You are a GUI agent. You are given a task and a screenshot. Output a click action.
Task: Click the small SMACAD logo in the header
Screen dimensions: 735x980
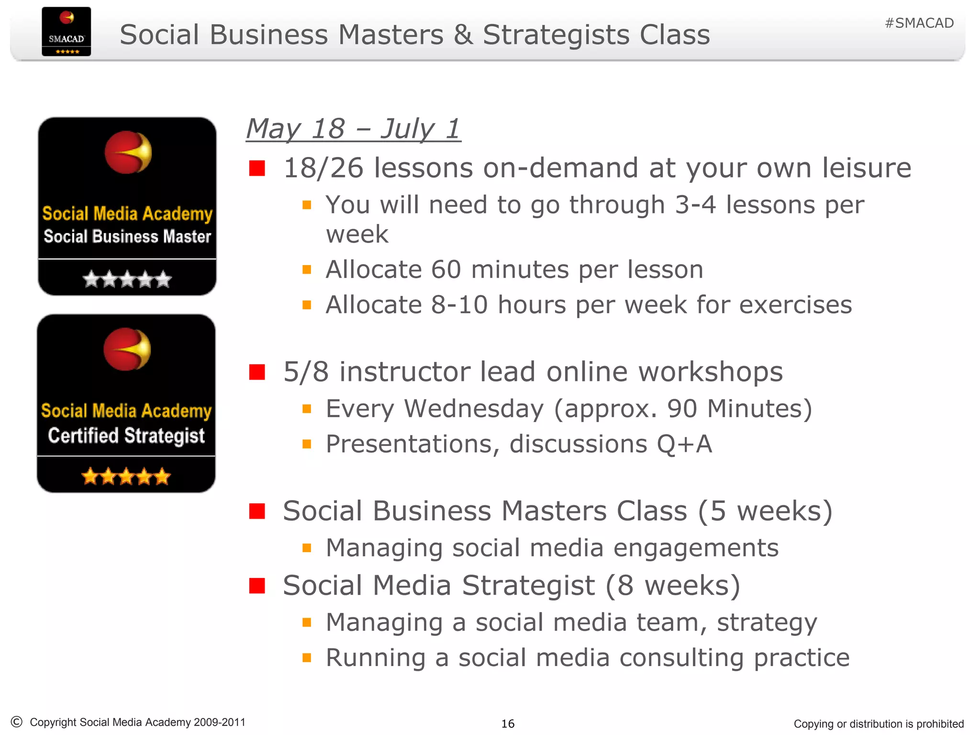tap(66, 32)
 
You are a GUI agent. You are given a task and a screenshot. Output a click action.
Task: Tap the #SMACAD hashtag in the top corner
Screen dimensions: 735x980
tap(919, 23)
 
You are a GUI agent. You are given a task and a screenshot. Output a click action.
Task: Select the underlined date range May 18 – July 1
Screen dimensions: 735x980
tap(353, 129)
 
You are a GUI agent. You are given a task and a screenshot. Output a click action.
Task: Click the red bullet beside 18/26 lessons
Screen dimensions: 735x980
tap(257, 168)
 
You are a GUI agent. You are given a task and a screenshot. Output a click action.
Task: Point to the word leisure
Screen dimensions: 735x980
tap(867, 168)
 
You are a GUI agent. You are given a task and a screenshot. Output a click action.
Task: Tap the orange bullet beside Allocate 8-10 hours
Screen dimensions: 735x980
tap(307, 305)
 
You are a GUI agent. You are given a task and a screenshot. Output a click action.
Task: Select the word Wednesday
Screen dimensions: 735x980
tap(474, 409)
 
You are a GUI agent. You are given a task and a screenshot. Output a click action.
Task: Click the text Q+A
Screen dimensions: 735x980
tap(684, 444)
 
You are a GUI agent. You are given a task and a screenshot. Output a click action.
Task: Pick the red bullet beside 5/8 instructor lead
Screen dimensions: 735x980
tap(257, 372)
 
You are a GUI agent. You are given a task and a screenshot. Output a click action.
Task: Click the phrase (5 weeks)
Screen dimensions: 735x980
tap(765, 511)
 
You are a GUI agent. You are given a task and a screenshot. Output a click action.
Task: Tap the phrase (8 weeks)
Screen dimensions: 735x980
tap(673, 586)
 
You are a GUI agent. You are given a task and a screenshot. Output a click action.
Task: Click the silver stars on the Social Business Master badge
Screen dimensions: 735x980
tap(127, 279)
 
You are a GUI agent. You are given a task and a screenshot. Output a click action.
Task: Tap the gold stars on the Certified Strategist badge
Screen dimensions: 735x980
tap(126, 476)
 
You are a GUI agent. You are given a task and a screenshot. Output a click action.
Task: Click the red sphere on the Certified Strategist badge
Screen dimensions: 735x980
tap(127, 349)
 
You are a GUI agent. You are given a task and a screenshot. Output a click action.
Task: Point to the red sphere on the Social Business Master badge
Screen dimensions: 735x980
tap(128, 152)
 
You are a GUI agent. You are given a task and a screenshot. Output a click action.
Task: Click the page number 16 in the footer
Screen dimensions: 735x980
tap(508, 724)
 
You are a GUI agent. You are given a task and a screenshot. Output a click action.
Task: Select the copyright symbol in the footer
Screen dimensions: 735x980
tap(16, 722)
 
